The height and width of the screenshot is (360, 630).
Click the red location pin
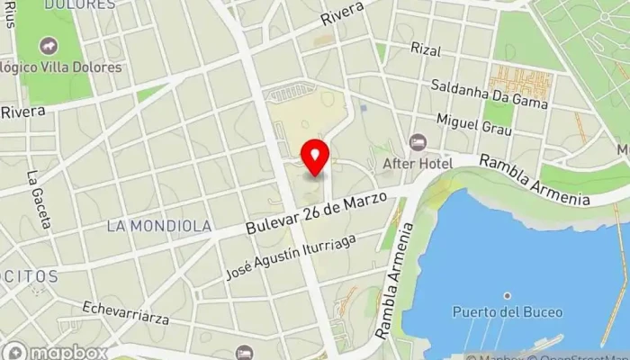315,157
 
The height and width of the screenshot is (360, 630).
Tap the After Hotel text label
410,163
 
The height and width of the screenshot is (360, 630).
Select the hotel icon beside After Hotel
417,142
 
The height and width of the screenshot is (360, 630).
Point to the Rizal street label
426,49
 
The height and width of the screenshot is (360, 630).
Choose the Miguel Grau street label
473,124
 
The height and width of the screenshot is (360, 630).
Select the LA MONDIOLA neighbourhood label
159,226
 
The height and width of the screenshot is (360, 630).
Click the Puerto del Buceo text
507,312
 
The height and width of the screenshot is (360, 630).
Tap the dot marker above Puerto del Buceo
507,295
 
